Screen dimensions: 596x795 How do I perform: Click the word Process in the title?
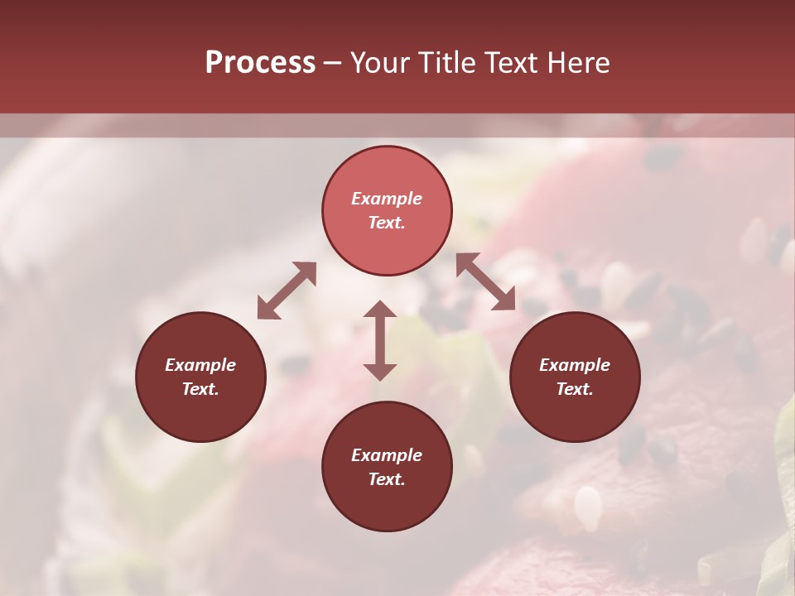[260, 63]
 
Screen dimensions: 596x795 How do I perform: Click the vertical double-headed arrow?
[380, 340]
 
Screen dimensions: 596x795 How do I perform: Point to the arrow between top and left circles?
[287, 291]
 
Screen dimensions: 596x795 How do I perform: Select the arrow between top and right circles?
[485, 282]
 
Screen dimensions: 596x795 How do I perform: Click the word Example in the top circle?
[387, 199]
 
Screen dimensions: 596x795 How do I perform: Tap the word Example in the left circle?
[200, 365]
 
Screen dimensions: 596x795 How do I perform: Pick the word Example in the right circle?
[575, 365]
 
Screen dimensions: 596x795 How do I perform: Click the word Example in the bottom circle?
[387, 455]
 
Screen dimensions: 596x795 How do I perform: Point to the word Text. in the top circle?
[387, 223]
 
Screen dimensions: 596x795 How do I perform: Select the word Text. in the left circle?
[200, 389]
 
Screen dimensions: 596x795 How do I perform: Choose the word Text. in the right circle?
[575, 389]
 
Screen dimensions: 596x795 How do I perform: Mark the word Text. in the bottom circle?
[387, 479]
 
